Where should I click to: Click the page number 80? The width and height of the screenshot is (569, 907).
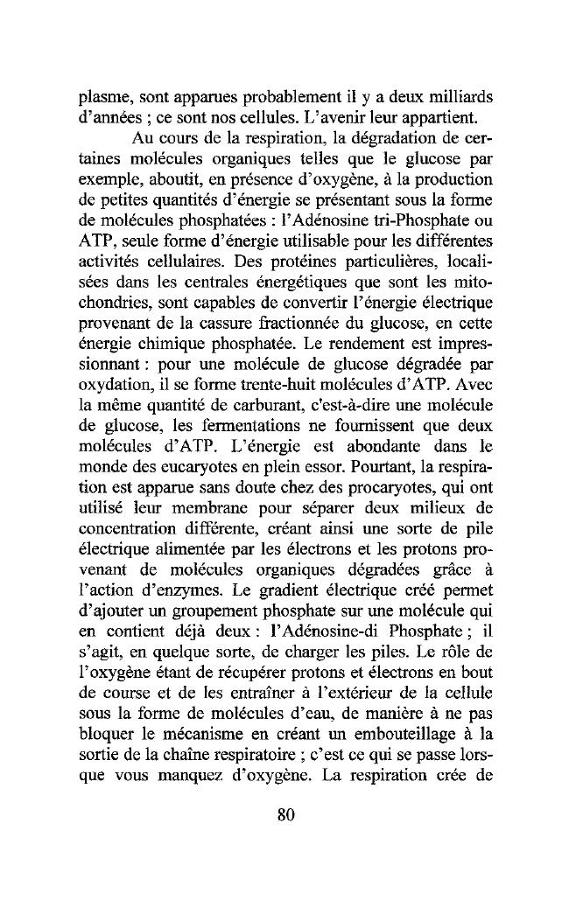(284, 816)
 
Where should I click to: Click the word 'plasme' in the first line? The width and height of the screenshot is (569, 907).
(102, 95)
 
